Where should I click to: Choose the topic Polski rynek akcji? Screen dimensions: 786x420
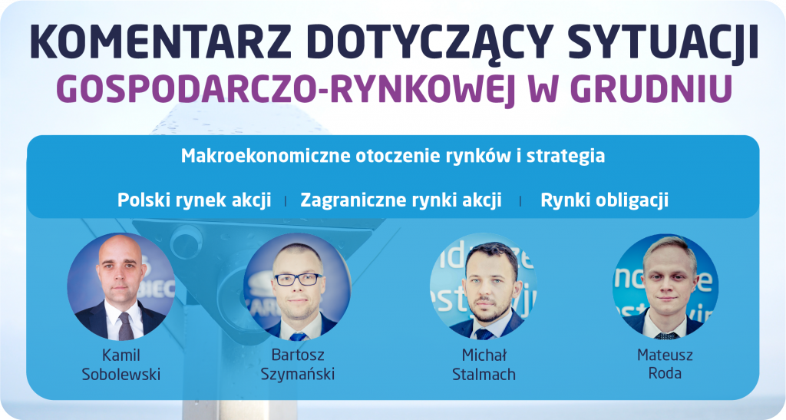[x=194, y=200]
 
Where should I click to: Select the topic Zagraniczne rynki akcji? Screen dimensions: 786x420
[x=401, y=200]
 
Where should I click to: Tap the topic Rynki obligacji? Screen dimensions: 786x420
[x=605, y=200]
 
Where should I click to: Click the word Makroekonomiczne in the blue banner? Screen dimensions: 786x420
[x=266, y=155]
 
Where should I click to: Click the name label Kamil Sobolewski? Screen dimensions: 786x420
[x=121, y=365]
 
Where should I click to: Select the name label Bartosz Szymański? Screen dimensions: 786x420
[x=297, y=365]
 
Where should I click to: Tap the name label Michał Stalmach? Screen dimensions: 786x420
[x=484, y=365]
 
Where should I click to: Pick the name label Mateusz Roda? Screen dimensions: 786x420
[x=665, y=364]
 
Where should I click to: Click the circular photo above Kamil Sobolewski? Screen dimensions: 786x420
[x=121, y=286]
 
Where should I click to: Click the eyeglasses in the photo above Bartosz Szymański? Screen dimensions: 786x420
[x=299, y=279]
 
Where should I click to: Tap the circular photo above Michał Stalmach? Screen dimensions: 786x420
[x=484, y=286]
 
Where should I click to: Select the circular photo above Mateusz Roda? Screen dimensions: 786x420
[x=665, y=286]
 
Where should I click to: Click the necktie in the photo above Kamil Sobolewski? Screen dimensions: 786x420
[x=125, y=326]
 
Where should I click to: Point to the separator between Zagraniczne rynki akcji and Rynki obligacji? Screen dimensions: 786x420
[x=520, y=201]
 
